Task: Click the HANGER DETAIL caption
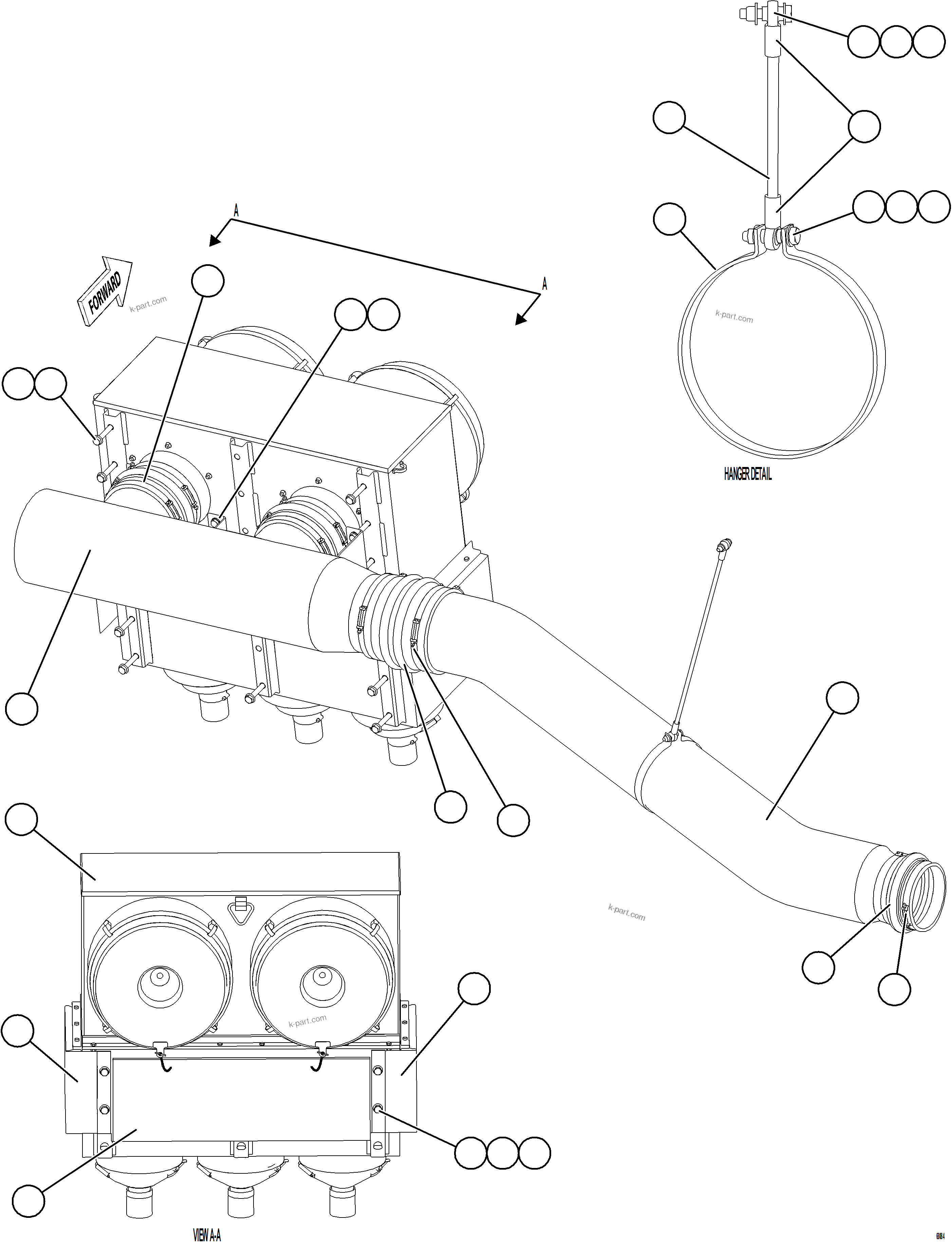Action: (747, 474)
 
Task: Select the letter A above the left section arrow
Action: (236, 211)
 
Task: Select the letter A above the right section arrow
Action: (545, 284)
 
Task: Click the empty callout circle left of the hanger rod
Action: (669, 118)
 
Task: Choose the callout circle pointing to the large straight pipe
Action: (21, 708)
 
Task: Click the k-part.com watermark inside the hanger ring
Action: (734, 317)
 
